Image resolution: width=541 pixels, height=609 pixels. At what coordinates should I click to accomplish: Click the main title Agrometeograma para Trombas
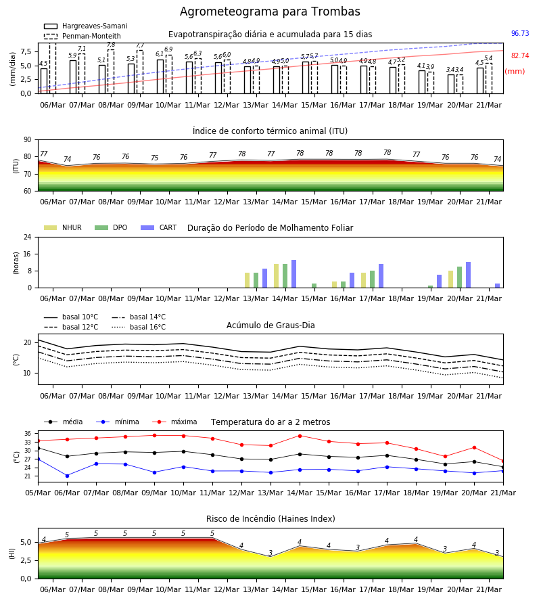(270, 12)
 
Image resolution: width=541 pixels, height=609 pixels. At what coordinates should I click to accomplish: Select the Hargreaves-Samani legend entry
(86, 26)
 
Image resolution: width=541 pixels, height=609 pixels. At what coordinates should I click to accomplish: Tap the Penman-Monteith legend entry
(83, 36)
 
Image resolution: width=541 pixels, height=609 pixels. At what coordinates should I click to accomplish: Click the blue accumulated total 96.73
(520, 33)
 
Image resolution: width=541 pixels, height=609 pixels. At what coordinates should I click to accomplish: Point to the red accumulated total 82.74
(520, 55)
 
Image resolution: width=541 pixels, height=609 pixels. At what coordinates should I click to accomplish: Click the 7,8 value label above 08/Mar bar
(111, 45)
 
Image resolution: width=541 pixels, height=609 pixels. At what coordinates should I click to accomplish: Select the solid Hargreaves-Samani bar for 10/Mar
(160, 76)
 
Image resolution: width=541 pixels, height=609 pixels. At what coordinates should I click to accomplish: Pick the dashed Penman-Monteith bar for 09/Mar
(140, 72)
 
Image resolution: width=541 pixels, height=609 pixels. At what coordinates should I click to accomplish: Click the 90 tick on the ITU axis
(27, 140)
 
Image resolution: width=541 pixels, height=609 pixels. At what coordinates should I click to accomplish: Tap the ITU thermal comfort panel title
(270, 131)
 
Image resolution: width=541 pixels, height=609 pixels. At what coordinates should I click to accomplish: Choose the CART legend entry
(159, 227)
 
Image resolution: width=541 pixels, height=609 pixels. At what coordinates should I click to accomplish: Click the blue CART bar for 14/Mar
(293, 274)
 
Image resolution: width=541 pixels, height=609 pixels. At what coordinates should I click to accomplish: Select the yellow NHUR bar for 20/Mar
(450, 279)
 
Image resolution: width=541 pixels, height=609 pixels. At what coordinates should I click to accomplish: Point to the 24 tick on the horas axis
(28, 237)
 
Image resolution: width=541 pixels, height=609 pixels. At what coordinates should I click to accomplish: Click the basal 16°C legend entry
(139, 327)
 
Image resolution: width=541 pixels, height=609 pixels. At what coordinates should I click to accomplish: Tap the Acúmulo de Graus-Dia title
(270, 325)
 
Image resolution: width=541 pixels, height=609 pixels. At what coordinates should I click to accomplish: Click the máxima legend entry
(174, 422)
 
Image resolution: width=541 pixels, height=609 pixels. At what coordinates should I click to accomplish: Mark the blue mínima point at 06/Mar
(67, 476)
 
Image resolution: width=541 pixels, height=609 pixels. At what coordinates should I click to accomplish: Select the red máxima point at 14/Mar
(300, 436)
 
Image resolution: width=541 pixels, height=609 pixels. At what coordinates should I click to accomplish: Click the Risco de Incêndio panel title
(270, 518)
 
